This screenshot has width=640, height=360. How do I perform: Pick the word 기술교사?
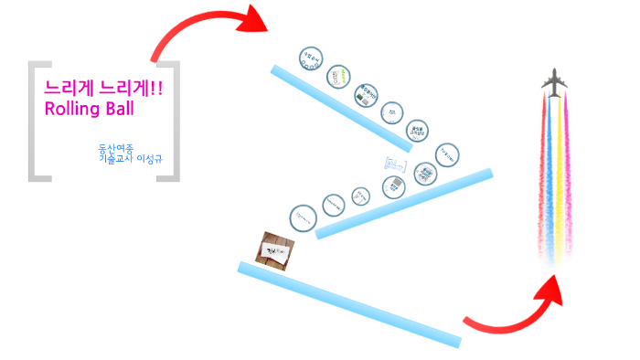coord(115,159)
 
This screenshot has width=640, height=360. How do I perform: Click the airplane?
coord(553,82)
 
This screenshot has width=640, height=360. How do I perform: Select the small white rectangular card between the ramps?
coord(395,164)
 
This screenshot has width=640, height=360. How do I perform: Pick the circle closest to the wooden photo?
coord(304,217)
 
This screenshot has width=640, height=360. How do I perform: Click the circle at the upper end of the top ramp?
coord(311,58)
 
